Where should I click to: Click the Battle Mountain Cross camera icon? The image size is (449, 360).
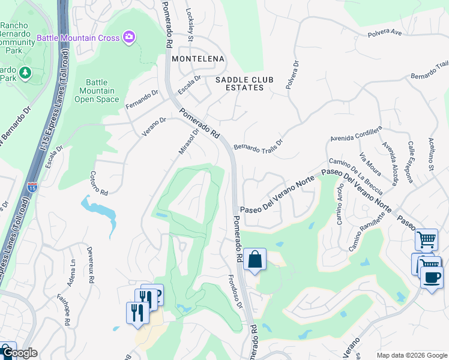[128, 38]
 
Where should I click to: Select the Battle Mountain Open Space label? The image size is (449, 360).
[97, 91]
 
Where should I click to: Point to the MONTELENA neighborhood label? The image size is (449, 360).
[197, 59]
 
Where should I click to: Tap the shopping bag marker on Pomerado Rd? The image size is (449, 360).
[255, 260]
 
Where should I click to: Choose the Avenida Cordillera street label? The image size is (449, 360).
[355, 135]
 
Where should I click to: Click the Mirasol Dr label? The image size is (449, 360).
[188, 144]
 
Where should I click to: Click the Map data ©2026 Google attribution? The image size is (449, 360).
[411, 355]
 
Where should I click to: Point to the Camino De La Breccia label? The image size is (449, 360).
[355, 176]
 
